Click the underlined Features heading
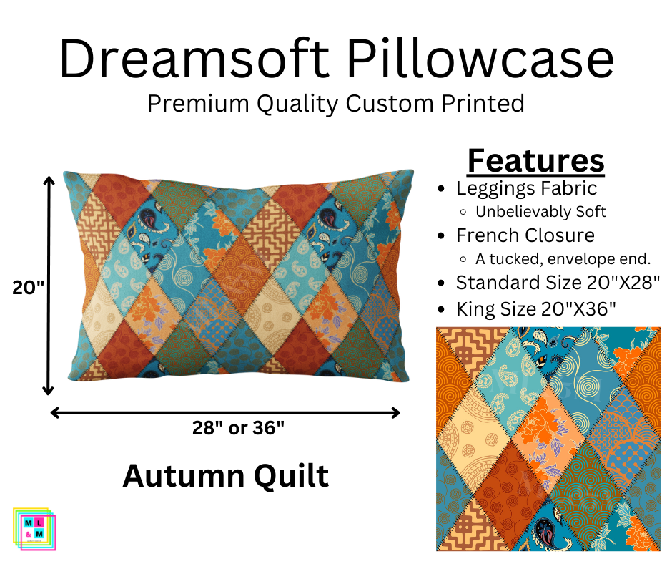point(535,161)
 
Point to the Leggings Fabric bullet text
point(526,188)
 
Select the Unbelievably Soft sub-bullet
point(540,212)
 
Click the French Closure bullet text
point(525,235)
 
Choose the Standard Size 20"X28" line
point(557,283)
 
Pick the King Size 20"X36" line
point(536,309)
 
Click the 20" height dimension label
point(28,287)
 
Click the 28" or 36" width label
point(238,429)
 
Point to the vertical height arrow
point(49,286)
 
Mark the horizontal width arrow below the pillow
point(225,412)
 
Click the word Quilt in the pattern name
point(292,476)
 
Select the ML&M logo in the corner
point(34,529)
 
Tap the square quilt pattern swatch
point(548,439)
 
